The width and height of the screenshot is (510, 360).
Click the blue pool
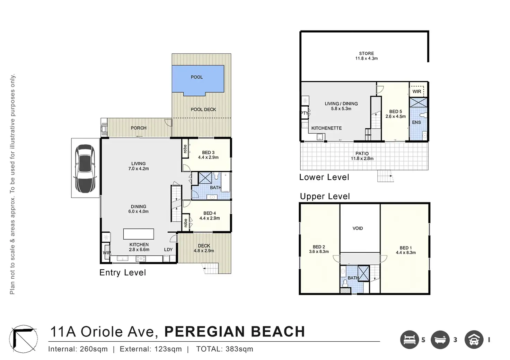coord(198,80)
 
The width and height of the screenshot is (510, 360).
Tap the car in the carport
coord(85,169)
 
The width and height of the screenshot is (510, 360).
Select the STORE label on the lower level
coord(366,53)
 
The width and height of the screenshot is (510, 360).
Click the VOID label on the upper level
coord(358,228)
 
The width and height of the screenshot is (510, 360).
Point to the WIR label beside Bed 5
coord(417,91)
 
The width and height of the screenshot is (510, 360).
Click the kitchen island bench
coord(139,234)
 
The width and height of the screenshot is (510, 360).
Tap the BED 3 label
coord(208,153)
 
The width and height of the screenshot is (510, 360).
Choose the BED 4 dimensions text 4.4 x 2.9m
coord(210,218)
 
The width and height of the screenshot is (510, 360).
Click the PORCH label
coord(139,128)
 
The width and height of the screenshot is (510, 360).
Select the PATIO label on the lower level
coord(362,153)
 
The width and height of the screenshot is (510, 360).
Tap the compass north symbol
coord(24,339)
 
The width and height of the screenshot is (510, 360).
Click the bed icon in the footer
coord(410,340)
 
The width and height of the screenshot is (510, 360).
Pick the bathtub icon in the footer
coord(440,340)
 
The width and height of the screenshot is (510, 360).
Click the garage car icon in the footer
coord(474,340)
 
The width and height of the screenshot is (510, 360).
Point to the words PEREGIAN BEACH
coord(235,332)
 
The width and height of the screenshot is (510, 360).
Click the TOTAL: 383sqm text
coord(225,349)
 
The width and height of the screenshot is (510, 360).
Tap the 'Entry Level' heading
coord(123,272)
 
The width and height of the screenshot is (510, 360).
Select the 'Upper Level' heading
coord(325,196)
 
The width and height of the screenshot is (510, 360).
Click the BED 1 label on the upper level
coord(406,248)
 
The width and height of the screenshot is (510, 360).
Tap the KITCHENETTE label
coord(326,128)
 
